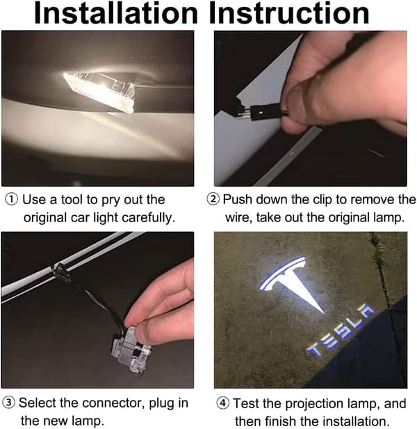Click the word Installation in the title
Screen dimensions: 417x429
115,14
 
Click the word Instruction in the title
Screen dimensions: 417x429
289,14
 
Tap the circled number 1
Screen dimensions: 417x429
12,200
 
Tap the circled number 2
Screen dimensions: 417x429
213,199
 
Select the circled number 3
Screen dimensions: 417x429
8,403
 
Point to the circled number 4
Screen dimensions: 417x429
223,403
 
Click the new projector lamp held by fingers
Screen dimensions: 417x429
131,350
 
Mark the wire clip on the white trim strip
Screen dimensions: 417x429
61,271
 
